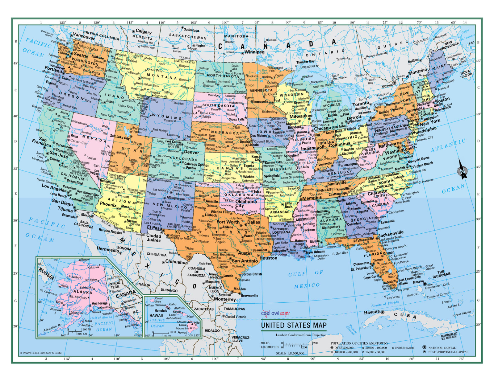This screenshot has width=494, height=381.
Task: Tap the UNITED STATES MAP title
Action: pos(294,325)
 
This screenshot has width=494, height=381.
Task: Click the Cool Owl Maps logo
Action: pos(275,313)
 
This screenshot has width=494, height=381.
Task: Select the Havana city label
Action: pos(371,312)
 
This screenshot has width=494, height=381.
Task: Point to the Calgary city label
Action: pos(144,31)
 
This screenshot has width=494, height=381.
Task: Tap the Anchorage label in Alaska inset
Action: pos(99,303)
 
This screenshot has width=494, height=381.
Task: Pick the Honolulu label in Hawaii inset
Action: pos(161,311)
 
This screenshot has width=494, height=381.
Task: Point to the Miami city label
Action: pos(403,283)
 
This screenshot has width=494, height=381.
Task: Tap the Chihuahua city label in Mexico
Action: pos(176,262)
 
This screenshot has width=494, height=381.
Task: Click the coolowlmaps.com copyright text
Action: pos(40,353)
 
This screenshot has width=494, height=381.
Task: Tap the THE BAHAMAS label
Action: pos(441,274)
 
